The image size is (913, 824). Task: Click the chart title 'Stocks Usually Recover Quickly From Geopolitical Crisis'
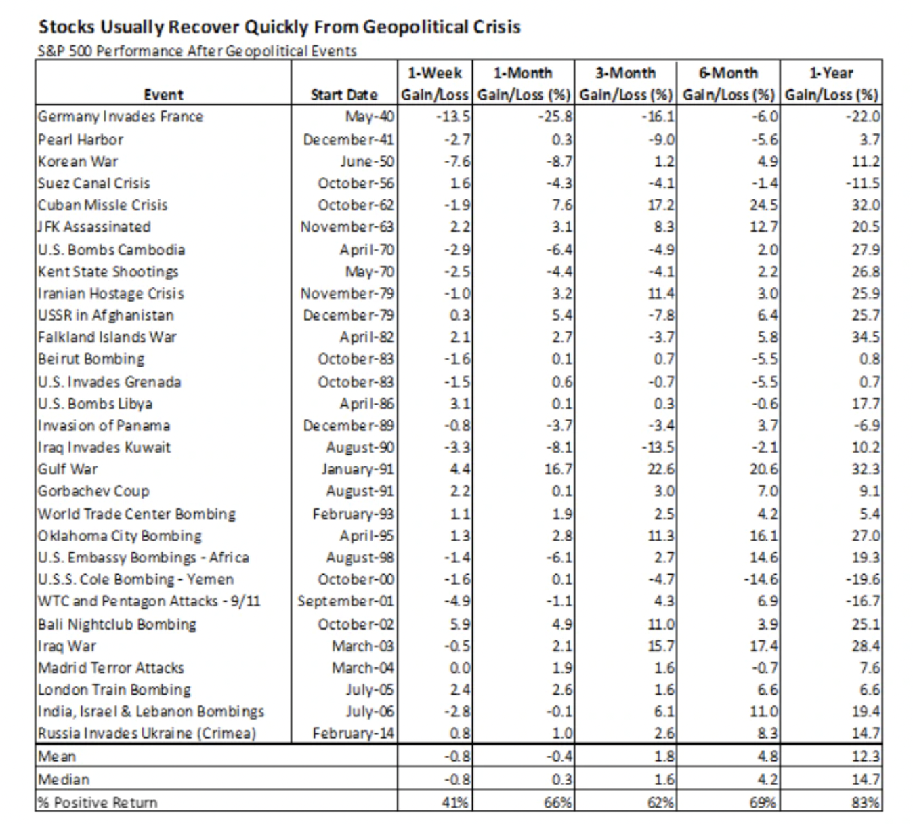(x=279, y=27)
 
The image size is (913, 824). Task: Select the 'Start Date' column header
(x=343, y=95)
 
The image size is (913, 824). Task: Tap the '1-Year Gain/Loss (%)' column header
(x=831, y=83)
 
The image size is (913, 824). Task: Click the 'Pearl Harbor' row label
(x=81, y=140)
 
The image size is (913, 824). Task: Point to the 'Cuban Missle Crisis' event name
(x=102, y=205)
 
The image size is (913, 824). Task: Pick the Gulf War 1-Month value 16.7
(x=558, y=469)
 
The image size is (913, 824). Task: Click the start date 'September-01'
(x=345, y=601)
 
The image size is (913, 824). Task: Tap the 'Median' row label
(x=64, y=779)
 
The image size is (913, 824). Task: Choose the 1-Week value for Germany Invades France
(x=453, y=117)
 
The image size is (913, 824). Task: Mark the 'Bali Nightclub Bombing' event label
(x=117, y=624)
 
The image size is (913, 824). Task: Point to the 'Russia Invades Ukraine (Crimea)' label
(x=147, y=733)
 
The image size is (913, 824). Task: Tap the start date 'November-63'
(x=347, y=227)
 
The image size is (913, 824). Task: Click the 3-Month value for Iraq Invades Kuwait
(x=660, y=447)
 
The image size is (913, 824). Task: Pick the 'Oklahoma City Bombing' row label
(x=120, y=536)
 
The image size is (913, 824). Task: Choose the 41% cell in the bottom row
(x=455, y=802)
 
